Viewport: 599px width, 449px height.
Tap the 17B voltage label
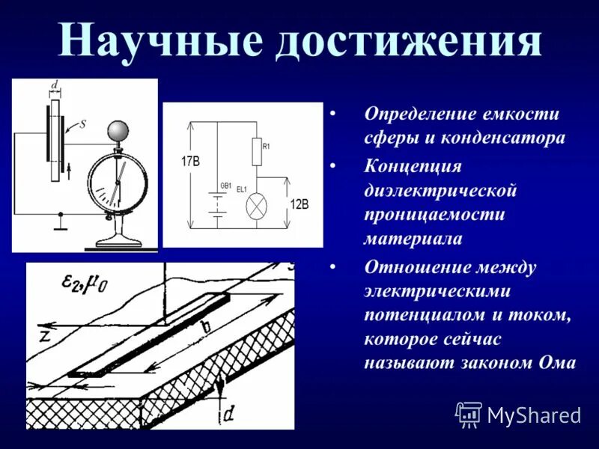[x=190, y=161]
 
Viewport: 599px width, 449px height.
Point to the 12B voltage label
[x=299, y=204]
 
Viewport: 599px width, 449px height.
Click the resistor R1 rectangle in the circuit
[x=256, y=153]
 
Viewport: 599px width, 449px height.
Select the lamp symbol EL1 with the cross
[x=256, y=204]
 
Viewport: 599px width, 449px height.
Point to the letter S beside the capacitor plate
[x=82, y=125]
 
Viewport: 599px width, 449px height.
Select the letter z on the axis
[x=46, y=335]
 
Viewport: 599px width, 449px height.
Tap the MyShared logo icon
[x=469, y=414]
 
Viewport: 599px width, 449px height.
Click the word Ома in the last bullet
[x=558, y=363]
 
